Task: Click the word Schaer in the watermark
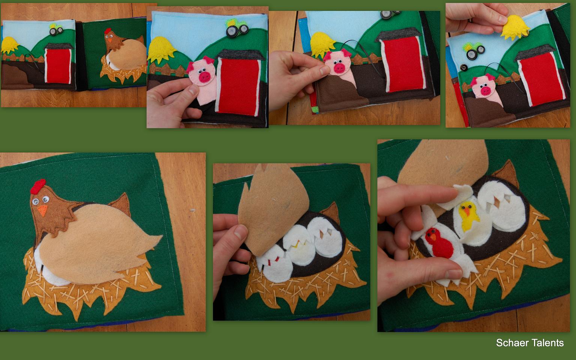[512, 343]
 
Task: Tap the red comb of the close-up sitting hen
[38, 186]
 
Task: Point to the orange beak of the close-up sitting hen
[43, 210]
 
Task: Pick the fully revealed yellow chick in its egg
[468, 216]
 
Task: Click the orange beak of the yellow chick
[467, 211]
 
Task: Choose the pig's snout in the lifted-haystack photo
[486, 91]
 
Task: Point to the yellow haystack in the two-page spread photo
[9, 45]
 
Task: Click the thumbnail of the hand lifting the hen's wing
[292, 242]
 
